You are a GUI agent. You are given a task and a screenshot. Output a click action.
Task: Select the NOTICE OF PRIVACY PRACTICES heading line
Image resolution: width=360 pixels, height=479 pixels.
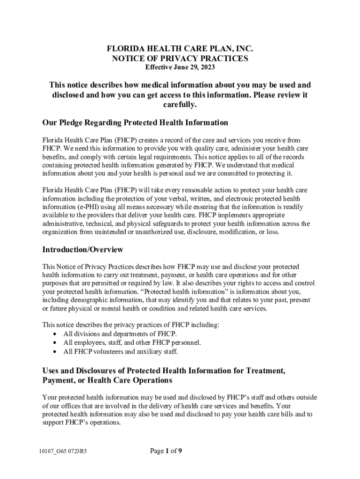coord(180,58)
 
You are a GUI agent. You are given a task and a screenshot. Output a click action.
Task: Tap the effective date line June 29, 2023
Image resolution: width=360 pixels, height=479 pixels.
coord(180,67)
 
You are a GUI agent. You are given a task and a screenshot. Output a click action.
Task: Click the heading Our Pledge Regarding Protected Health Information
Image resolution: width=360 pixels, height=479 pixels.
coord(135,123)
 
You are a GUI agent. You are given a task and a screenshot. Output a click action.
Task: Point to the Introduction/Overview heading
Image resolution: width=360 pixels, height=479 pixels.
coord(83,250)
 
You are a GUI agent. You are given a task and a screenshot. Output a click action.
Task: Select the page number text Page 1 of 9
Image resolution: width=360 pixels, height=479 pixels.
coord(166,451)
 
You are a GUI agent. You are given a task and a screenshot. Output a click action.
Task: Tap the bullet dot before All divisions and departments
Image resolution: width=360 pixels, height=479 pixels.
coord(55,334)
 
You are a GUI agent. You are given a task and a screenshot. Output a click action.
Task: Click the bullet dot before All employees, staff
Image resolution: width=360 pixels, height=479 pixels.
coord(55,343)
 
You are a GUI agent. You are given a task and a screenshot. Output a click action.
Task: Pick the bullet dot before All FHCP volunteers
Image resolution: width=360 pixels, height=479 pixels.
coord(55,352)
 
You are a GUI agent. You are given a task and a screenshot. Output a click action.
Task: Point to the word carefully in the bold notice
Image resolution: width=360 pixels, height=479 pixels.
coord(180,105)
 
